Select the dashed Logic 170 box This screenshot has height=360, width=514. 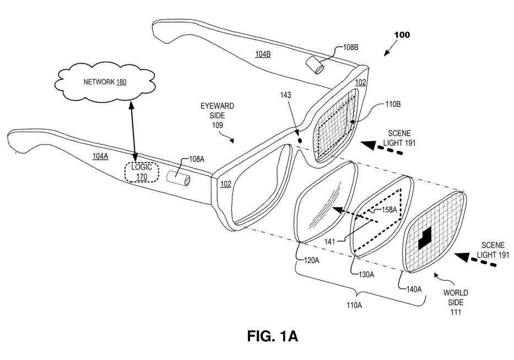[x=141, y=171]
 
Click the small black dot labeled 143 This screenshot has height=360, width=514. [x=299, y=140]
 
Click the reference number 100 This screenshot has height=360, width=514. [x=402, y=35]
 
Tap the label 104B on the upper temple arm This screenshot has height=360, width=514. [x=263, y=54]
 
